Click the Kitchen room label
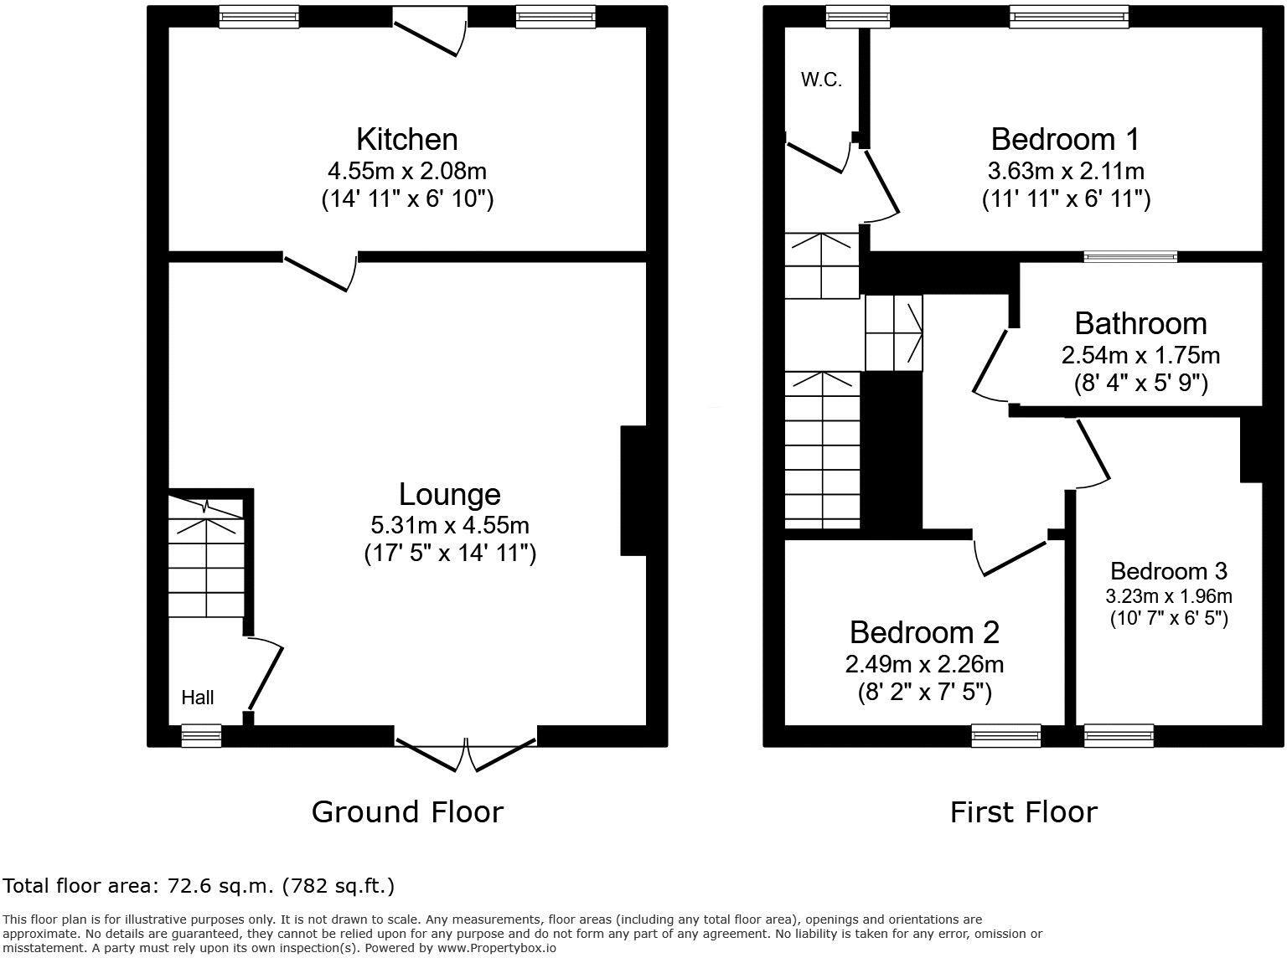click(x=406, y=140)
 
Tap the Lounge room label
click(x=450, y=494)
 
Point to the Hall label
click(x=197, y=697)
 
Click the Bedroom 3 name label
click(x=1169, y=571)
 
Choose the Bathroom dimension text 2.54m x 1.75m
click(x=1140, y=355)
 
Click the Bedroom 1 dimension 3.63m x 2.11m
click(x=1065, y=171)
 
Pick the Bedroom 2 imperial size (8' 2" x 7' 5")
click(x=924, y=692)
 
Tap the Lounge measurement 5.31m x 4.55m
click(x=450, y=525)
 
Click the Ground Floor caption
click(x=407, y=811)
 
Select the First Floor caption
click(x=1024, y=811)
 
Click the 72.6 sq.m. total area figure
click(x=221, y=886)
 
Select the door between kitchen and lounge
click(x=320, y=270)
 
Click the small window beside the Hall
click(x=201, y=736)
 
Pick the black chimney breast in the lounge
click(x=633, y=491)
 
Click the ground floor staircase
click(x=206, y=557)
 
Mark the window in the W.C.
click(x=858, y=17)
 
